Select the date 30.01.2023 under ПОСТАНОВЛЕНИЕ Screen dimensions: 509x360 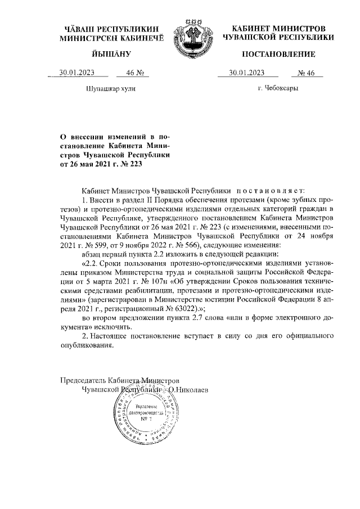pyautogui.click(x=246, y=73)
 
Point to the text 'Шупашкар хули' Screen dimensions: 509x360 pyautogui.click(x=111, y=89)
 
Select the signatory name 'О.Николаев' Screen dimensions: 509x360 pyautogui.click(x=190, y=389)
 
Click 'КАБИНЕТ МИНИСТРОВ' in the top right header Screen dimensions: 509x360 pyautogui.click(x=278, y=28)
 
